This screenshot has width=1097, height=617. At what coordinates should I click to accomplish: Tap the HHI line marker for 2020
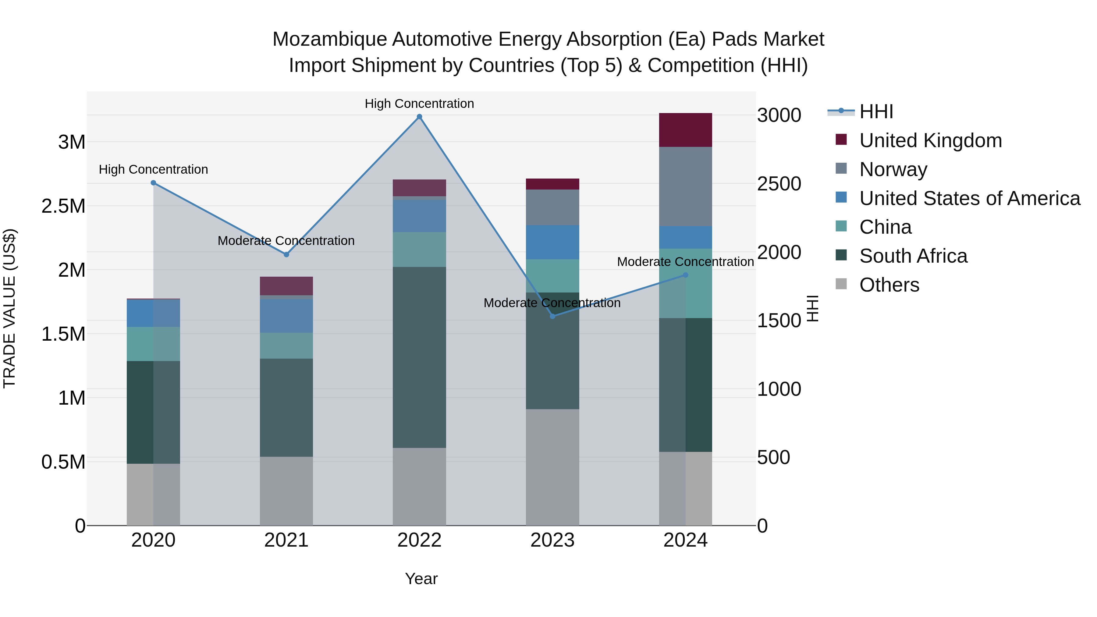tap(153, 183)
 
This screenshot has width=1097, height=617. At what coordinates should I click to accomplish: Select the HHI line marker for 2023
tap(552, 316)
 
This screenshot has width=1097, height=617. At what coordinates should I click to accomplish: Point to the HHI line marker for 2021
tap(286, 254)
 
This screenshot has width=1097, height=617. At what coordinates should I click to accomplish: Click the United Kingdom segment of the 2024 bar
tap(685, 130)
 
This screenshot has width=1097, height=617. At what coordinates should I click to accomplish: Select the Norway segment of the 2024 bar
tap(685, 186)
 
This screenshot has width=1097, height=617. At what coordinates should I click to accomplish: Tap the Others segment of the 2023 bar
tap(552, 467)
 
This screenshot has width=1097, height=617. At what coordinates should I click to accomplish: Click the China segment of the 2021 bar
tap(286, 345)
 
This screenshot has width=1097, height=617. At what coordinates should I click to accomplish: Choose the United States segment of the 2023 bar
tap(552, 242)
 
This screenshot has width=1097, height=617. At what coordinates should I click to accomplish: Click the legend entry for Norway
tap(893, 169)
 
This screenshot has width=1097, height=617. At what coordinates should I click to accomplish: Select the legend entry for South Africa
tap(913, 256)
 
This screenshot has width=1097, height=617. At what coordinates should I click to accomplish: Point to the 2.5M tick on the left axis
tap(63, 206)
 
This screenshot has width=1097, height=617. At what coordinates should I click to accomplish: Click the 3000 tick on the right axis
tap(779, 115)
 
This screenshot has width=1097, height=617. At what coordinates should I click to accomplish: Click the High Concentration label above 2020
tap(153, 169)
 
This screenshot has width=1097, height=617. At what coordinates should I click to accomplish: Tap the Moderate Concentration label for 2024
tap(685, 261)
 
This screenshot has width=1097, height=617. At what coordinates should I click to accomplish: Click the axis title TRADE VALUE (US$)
tap(9, 308)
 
